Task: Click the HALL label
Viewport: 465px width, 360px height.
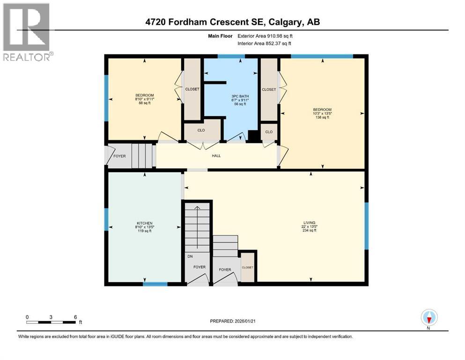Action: [x=216, y=156]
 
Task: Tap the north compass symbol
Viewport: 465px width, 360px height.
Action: [x=428, y=318]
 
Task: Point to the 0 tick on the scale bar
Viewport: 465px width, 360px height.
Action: [x=27, y=317]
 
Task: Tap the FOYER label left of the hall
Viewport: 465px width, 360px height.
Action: [x=119, y=156]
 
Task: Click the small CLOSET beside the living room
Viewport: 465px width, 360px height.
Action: [x=247, y=267]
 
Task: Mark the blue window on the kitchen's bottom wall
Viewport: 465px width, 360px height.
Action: [x=155, y=284]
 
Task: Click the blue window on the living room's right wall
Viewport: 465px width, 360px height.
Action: [x=367, y=226]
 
